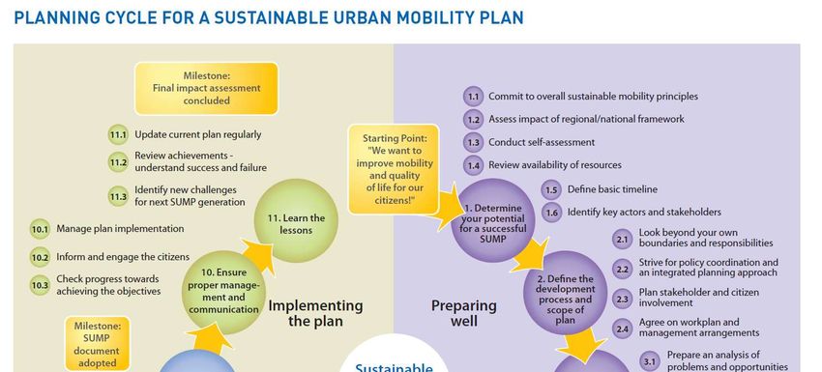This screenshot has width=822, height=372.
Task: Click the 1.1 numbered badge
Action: tap(473, 97)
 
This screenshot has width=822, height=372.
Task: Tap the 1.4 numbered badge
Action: tap(473, 165)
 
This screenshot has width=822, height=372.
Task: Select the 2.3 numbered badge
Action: tap(622, 300)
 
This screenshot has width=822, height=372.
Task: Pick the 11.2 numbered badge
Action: tap(118, 162)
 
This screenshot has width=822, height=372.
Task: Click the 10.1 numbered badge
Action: tap(40, 229)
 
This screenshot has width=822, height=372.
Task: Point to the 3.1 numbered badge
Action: tap(650, 361)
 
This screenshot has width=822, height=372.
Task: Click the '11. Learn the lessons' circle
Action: tap(296, 220)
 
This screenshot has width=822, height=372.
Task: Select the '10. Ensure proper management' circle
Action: tap(223, 292)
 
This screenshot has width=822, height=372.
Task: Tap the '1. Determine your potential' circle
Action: tap(493, 220)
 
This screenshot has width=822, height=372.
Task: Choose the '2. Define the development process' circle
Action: tap(565, 293)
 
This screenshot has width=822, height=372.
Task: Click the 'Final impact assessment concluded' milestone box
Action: tap(207, 89)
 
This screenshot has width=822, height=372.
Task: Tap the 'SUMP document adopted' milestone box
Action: tap(97, 344)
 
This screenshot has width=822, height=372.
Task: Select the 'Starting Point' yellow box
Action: tap(394, 169)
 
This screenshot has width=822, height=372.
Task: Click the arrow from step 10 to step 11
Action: tap(258, 256)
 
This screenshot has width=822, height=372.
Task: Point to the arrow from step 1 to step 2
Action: tap(530, 255)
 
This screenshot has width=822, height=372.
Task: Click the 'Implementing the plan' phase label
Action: tap(315, 313)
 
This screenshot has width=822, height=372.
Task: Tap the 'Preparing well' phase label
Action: tap(464, 313)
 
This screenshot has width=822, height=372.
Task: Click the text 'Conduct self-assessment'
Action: tap(542, 142)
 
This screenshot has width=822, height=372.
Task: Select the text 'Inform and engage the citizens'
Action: tap(123, 257)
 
